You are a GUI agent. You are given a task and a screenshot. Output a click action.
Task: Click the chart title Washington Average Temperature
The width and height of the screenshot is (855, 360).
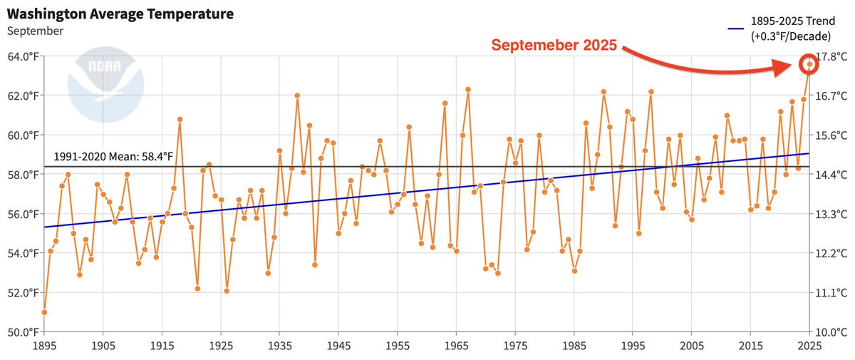coord(121,14)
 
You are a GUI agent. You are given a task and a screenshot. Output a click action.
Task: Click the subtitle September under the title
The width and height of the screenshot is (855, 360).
coord(36,31)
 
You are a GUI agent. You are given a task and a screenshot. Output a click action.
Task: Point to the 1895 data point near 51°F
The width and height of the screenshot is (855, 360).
coord(44,312)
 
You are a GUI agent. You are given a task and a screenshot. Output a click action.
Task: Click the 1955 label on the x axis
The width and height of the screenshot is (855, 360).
coord(398,346)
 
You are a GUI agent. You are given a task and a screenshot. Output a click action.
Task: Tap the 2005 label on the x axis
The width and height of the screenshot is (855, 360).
coord(692,346)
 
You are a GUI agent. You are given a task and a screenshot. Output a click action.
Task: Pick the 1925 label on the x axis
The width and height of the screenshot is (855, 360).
coord(221,346)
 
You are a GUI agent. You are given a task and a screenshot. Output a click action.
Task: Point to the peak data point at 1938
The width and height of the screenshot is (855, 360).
coord(297,96)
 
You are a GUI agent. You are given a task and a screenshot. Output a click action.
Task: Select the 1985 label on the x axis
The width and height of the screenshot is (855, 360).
coord(574,346)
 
